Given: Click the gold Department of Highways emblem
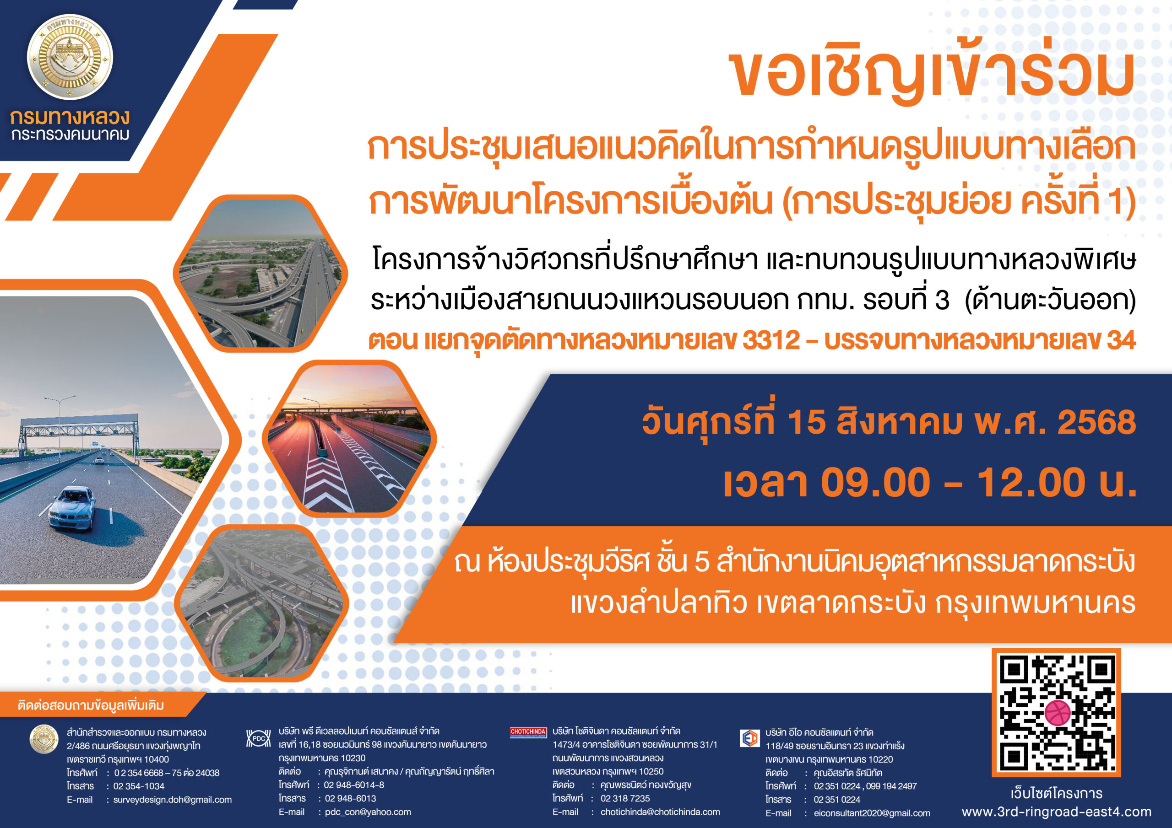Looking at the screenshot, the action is tap(70, 57).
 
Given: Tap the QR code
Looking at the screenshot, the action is tap(1056, 712).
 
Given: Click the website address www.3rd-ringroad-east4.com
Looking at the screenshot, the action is tap(1057, 812).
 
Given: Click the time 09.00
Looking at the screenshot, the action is tap(875, 482).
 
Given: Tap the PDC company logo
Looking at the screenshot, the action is tap(258, 738).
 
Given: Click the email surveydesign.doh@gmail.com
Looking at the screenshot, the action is tap(173, 800).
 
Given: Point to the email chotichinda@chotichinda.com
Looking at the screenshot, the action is tap(660, 812).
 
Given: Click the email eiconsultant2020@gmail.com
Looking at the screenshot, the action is tap(872, 813).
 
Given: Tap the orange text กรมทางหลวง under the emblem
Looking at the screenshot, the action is tap(70, 118).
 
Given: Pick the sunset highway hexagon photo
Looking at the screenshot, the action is tap(349, 438).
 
